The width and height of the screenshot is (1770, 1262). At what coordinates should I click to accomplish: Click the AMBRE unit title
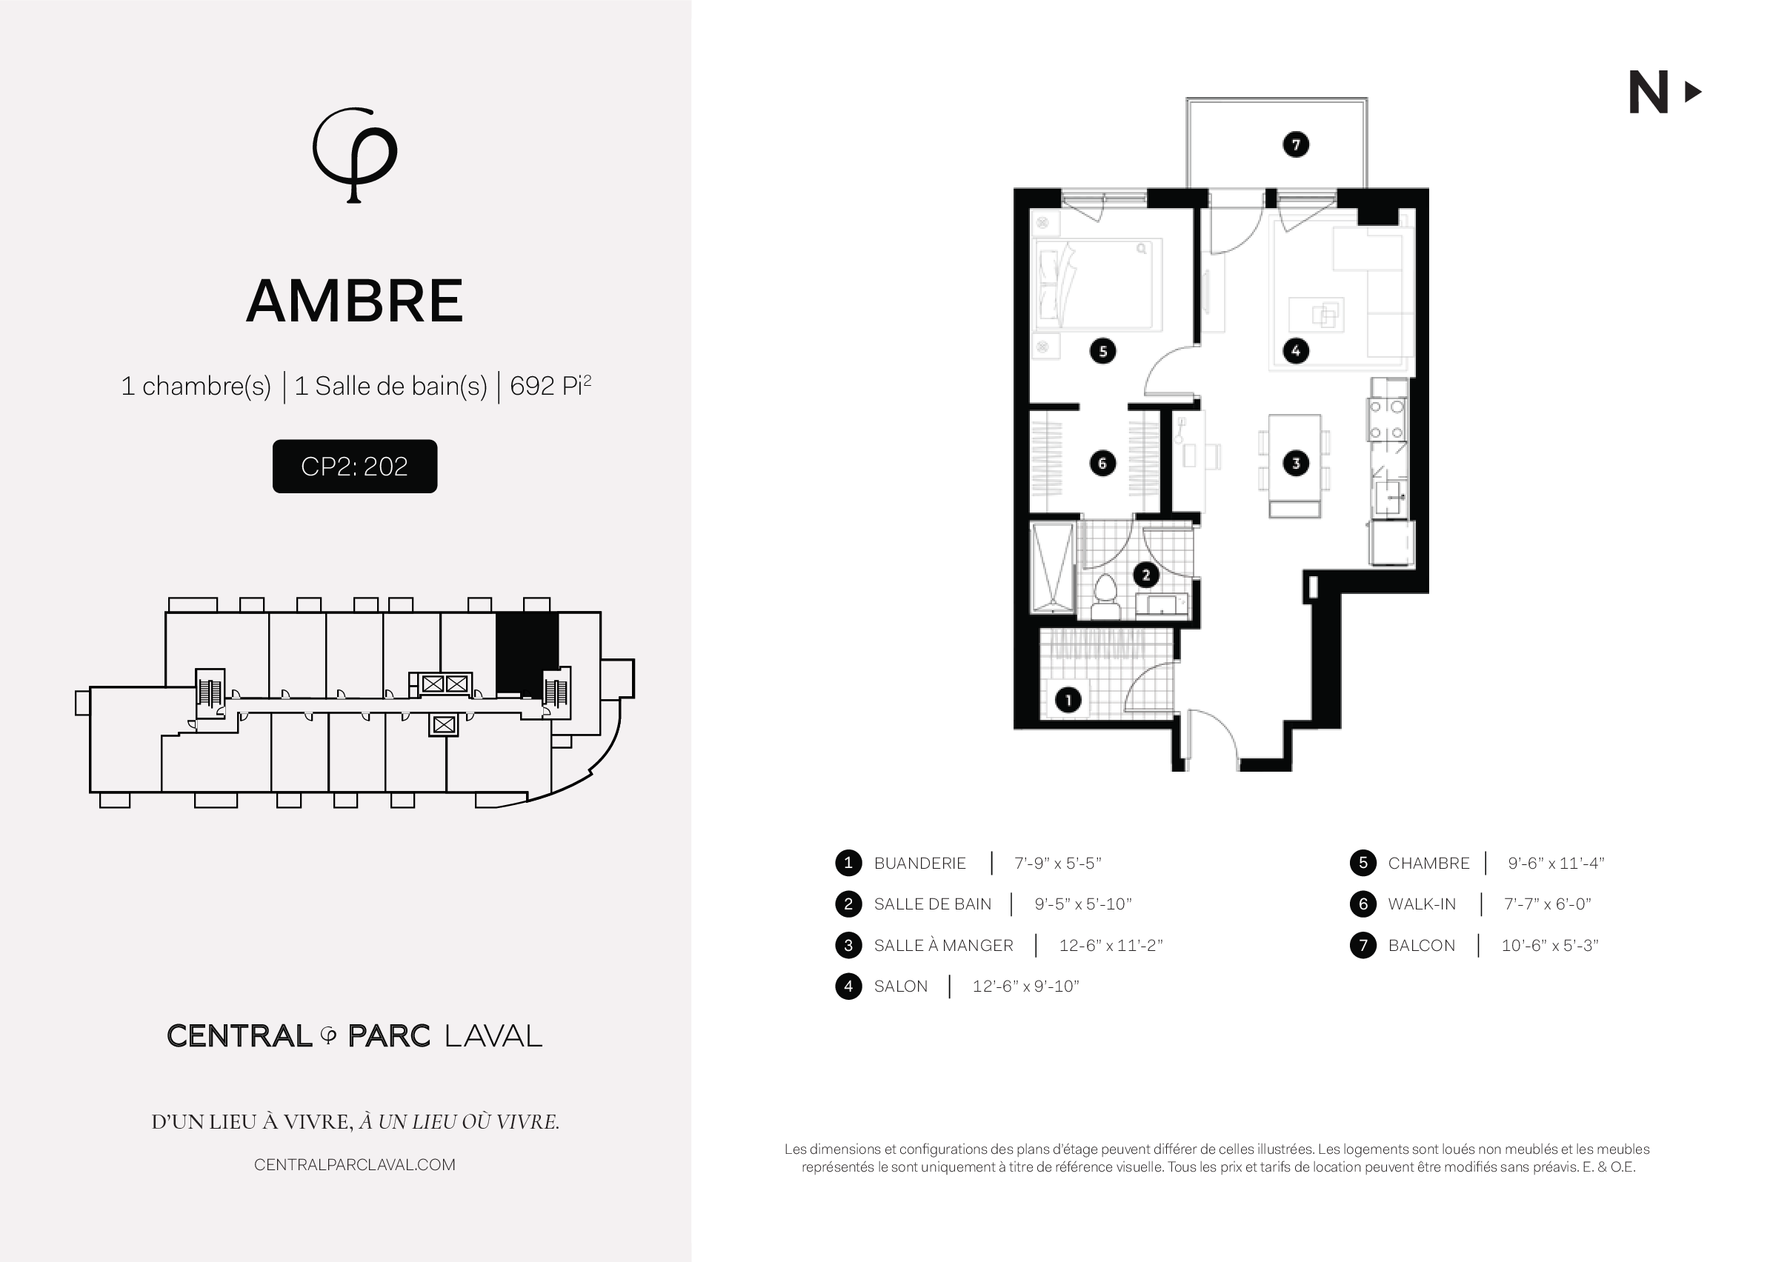click(x=354, y=301)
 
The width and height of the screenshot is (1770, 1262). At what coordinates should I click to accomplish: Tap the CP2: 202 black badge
click(x=354, y=467)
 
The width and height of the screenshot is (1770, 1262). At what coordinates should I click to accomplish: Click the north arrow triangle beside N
click(x=1692, y=93)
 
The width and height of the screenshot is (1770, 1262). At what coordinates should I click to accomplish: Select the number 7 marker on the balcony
click(x=1295, y=144)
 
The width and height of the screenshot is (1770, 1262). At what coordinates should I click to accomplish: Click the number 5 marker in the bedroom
click(x=1102, y=351)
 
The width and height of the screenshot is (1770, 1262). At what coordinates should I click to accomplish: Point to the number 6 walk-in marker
click(x=1102, y=464)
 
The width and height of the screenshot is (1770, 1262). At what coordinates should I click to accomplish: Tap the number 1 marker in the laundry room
click(x=1068, y=700)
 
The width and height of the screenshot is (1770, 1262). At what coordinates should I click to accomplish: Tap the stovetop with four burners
click(x=1388, y=421)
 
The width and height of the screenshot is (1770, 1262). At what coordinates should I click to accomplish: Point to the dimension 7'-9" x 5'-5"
click(x=1057, y=864)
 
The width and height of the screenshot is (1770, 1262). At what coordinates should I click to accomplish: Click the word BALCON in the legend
click(x=1421, y=946)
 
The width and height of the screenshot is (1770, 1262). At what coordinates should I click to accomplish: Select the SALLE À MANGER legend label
click(x=943, y=946)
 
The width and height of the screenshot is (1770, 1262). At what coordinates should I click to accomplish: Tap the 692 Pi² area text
click(x=550, y=385)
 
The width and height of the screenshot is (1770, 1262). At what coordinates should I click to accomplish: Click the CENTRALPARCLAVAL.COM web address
click(x=354, y=1165)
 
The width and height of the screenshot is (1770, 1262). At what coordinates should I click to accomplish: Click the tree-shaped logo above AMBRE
click(x=354, y=155)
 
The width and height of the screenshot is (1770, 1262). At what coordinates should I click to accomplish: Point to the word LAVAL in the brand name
click(x=493, y=1036)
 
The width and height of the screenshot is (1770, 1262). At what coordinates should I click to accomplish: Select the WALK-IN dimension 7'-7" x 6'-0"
click(x=1547, y=904)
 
